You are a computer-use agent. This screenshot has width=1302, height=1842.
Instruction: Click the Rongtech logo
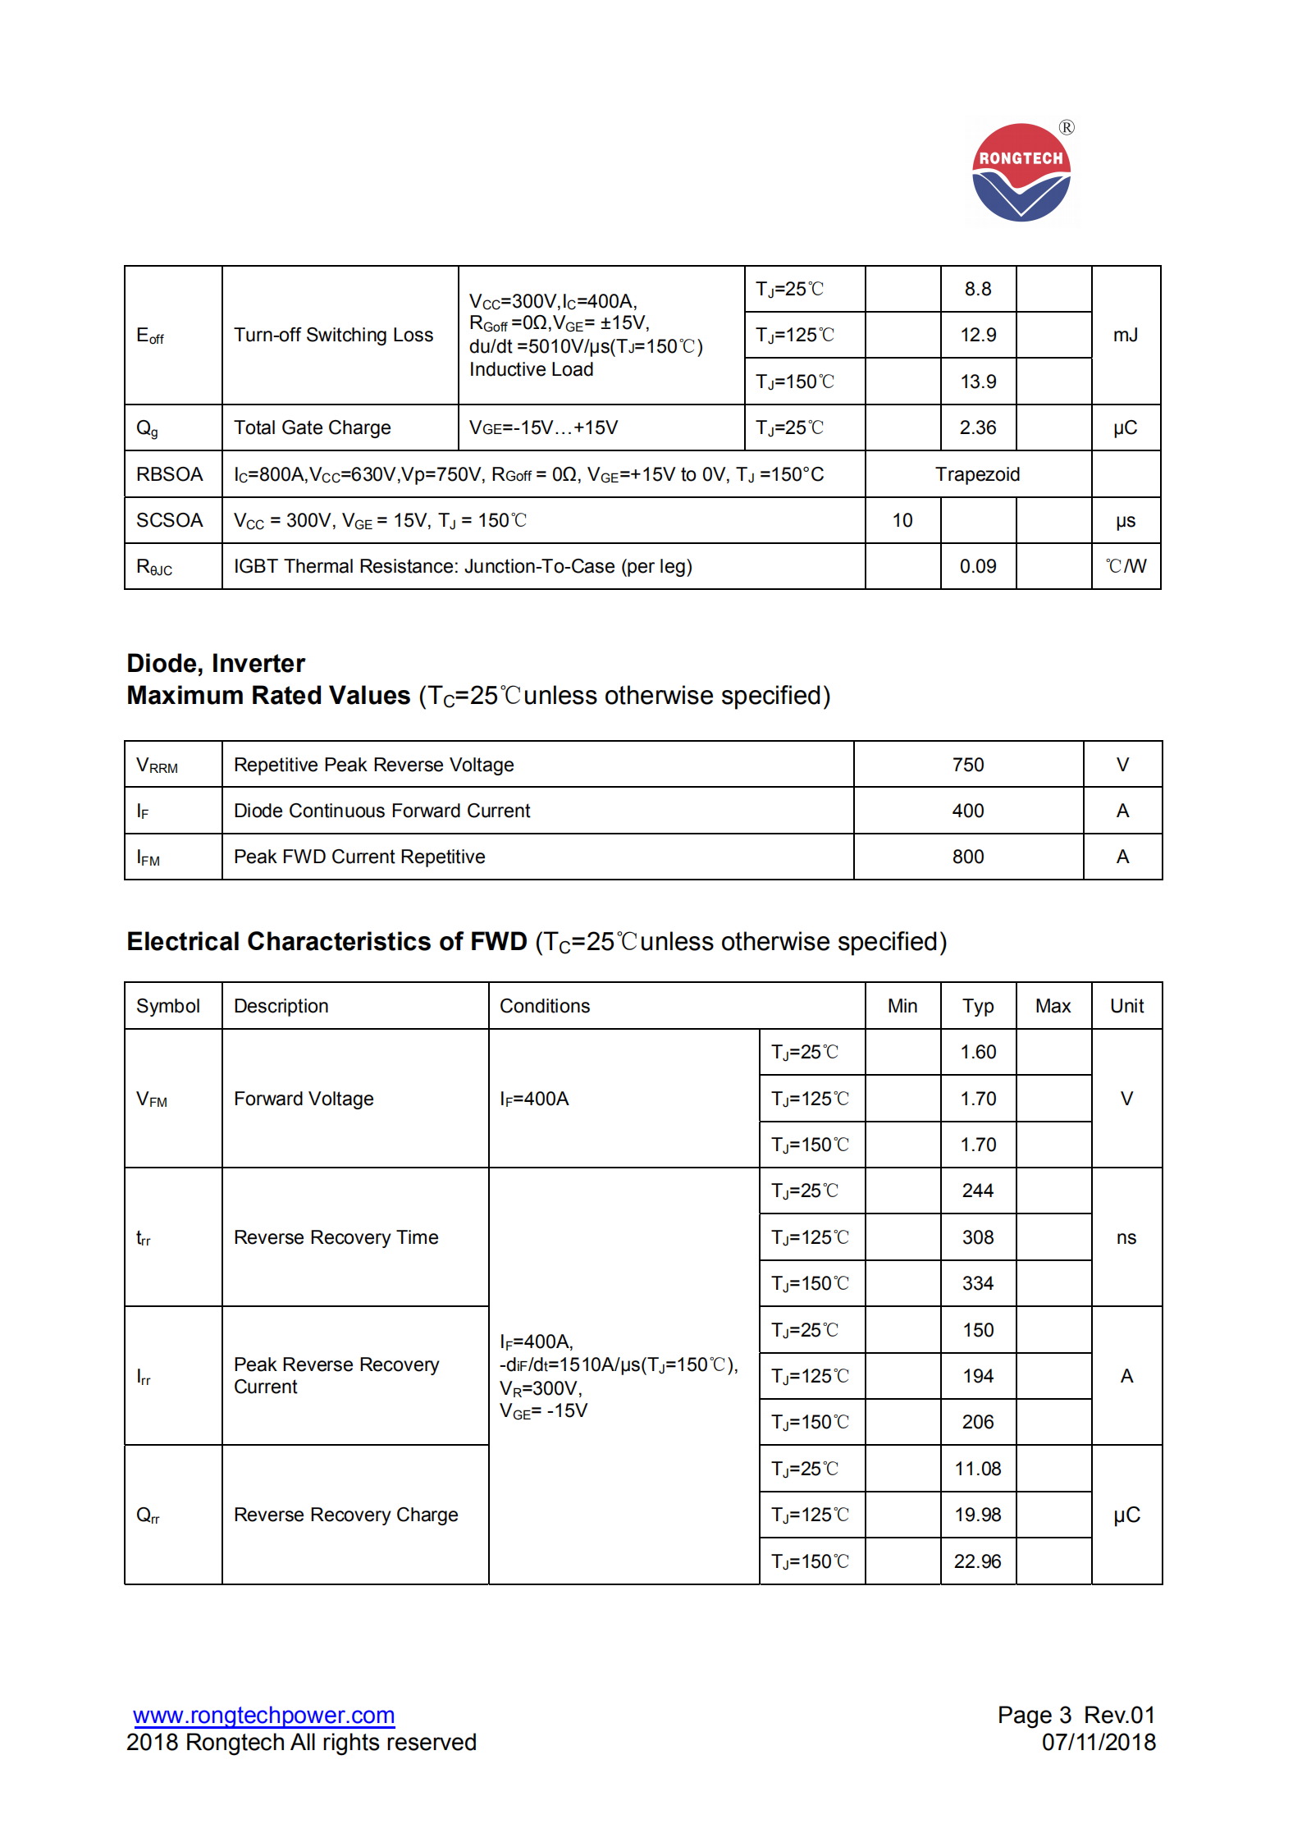1021,172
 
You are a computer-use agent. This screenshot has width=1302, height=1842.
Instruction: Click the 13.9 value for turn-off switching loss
978,382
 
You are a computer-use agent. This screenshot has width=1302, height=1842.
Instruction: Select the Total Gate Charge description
312,427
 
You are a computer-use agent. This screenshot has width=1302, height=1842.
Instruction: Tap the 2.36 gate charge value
978,427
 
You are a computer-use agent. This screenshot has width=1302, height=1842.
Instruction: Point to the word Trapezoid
977,474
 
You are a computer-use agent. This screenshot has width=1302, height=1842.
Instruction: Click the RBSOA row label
169,474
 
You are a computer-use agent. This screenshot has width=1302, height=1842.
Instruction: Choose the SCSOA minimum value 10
902,520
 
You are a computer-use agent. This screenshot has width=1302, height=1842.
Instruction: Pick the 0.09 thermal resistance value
978,566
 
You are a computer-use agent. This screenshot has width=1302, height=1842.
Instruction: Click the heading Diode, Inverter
216,663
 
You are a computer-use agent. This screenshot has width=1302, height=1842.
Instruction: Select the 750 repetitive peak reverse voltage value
968,765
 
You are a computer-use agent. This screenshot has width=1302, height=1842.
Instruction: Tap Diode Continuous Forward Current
381,811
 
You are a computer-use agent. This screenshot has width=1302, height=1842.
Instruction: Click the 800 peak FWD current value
968,857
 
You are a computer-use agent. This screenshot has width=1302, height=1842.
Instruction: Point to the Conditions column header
545,1006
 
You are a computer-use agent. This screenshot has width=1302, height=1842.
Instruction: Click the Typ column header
978,1006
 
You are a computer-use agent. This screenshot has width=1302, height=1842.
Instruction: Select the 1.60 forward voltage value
978,1052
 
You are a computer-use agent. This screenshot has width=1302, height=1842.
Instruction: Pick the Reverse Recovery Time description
336,1237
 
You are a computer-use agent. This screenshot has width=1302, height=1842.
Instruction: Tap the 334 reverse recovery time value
978,1283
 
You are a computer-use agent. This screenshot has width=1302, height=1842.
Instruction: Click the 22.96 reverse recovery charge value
977,1561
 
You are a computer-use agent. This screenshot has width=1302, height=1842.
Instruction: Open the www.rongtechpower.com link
263,1715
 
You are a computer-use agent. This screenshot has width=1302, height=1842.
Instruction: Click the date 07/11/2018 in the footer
1099,1742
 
